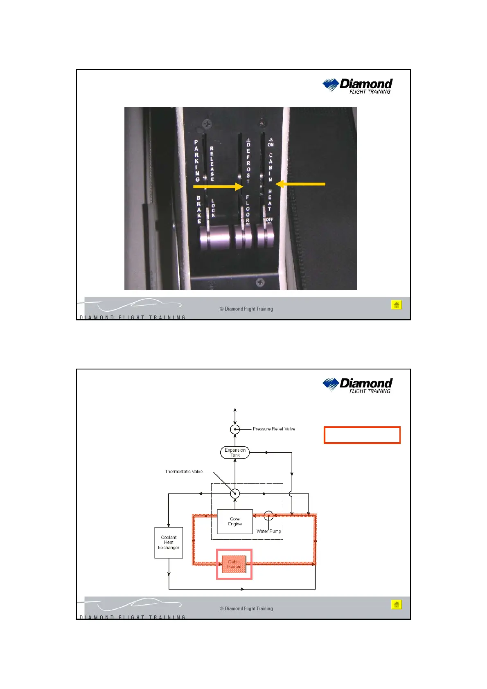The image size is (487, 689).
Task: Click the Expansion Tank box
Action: (x=235, y=452)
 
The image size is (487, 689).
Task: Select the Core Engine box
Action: (x=235, y=521)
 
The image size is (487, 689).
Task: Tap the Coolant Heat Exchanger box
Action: (x=169, y=543)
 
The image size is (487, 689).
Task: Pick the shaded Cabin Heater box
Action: (x=234, y=564)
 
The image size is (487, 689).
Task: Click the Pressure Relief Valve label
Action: (x=274, y=429)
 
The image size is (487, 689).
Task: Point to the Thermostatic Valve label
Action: (x=184, y=471)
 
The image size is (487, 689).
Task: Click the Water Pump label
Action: (x=269, y=531)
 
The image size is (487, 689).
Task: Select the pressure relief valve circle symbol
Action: (x=235, y=429)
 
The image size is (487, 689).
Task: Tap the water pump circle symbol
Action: (x=268, y=516)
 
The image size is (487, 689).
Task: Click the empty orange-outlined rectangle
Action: (x=362, y=435)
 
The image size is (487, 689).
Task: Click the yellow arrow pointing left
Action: (x=300, y=185)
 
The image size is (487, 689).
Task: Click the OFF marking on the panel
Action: (x=269, y=220)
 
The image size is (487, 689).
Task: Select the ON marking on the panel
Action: (x=271, y=144)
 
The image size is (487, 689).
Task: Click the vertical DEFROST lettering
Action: (x=248, y=163)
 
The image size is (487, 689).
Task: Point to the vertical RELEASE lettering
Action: (x=212, y=164)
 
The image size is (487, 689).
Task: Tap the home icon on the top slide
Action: (x=396, y=305)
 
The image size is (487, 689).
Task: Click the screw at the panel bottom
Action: (x=260, y=282)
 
